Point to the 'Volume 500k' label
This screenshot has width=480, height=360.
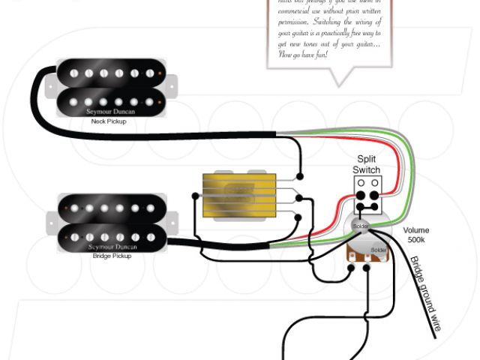click(x=418, y=235)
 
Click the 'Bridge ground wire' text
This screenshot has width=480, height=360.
click(x=426, y=293)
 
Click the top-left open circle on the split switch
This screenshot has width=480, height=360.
click(x=361, y=183)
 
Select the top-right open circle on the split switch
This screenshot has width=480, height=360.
click(x=375, y=183)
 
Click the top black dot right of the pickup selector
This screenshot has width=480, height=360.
click(x=300, y=178)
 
